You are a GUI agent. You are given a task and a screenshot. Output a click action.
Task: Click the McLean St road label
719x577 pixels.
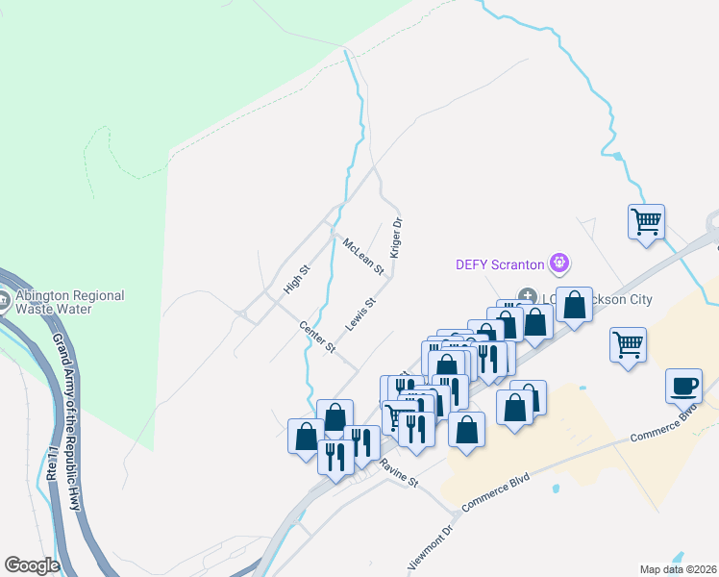coord(362,256)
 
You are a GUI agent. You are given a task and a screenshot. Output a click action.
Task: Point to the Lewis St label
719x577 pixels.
coord(359,313)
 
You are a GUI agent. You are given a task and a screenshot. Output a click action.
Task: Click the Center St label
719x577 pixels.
coord(316,336)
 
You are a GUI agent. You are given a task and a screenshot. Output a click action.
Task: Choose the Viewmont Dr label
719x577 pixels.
coord(430,549)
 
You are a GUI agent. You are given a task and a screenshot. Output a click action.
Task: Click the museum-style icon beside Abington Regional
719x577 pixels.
coord(5,301)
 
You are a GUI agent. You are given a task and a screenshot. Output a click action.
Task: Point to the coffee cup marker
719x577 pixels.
coord(683,386)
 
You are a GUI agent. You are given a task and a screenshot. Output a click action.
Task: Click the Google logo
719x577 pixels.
coord(31,564)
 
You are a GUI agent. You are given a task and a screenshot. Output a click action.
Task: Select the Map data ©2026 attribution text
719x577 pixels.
coord(679,569)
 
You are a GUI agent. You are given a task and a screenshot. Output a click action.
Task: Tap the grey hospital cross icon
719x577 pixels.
coord(527,295)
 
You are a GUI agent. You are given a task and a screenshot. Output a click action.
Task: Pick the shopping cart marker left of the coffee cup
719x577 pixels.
coord(628,342)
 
